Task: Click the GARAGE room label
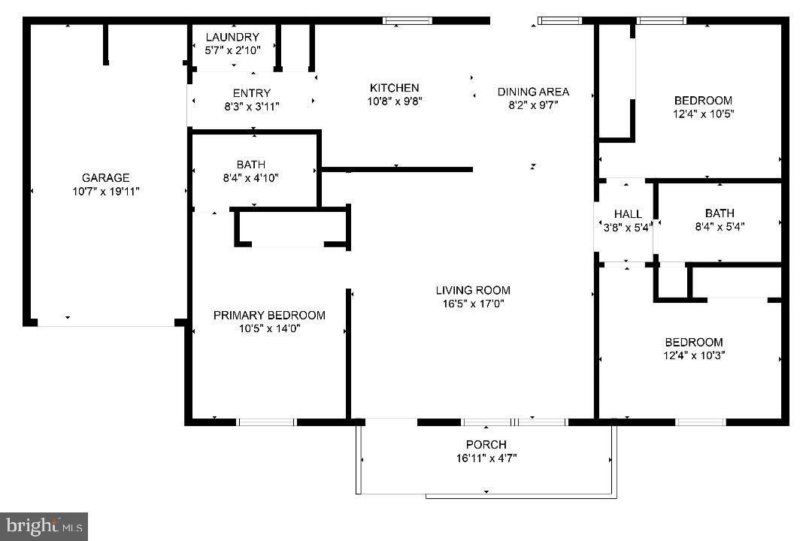click(105, 178)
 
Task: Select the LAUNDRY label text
click(232, 38)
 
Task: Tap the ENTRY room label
click(251, 93)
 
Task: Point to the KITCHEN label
click(394, 88)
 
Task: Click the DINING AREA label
click(533, 92)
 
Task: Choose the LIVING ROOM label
click(473, 290)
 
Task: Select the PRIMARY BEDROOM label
click(269, 315)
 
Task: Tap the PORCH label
click(486, 444)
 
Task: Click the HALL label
click(628, 214)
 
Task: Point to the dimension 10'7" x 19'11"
click(105, 192)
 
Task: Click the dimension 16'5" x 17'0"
click(473, 304)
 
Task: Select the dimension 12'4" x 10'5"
click(703, 114)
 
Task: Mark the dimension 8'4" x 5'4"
click(720, 226)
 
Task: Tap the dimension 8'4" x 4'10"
click(250, 178)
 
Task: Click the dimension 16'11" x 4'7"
click(486, 458)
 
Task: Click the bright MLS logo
click(44, 525)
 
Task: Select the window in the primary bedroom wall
click(267, 422)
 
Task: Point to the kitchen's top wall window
click(408, 20)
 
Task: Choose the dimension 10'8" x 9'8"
click(394, 101)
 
